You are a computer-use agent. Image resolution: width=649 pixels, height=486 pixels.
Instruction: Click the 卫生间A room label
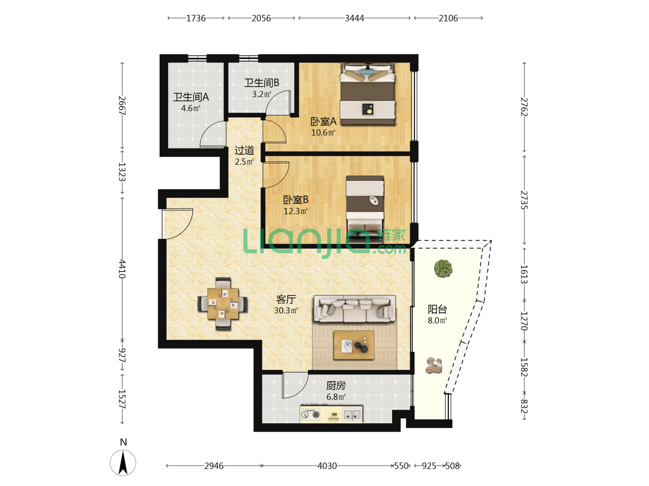pyautogui.click(x=191, y=97)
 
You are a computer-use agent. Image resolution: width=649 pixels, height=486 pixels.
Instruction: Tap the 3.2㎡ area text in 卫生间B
pyautogui.click(x=261, y=94)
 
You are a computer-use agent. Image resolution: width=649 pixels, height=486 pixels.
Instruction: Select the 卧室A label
pyautogui.click(x=323, y=121)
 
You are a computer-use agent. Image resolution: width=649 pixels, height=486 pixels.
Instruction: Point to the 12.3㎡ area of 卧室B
pyautogui.click(x=295, y=211)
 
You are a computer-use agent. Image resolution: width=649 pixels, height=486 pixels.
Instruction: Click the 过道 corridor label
pyautogui.click(x=244, y=150)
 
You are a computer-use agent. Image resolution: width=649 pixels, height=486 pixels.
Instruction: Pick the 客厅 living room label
pyautogui.click(x=286, y=299)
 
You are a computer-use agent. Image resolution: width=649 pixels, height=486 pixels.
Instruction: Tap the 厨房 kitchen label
pyautogui.click(x=336, y=386)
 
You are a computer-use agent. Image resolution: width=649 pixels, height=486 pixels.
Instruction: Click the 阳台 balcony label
pyautogui.click(x=437, y=309)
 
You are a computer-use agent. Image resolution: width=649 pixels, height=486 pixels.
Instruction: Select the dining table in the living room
pyautogui.click(x=223, y=304)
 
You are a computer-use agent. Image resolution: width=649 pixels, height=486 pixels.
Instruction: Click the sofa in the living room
pyautogui.click(x=355, y=309)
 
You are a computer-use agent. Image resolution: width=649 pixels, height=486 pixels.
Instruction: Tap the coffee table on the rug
pyautogui.click(x=354, y=345)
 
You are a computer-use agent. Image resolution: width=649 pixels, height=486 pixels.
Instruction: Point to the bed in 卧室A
pyautogui.click(x=367, y=94)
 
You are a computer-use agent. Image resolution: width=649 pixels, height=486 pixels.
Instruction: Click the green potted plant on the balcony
pyautogui.click(x=443, y=268)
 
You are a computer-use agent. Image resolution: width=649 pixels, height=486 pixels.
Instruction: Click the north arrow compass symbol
pyautogui.click(x=123, y=463)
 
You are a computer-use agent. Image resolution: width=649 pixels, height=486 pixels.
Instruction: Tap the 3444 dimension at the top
pyautogui.click(x=354, y=18)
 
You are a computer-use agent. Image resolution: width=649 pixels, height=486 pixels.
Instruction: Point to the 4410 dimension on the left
pyautogui.click(x=122, y=269)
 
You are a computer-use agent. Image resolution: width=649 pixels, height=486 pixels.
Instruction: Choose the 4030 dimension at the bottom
pyautogui.click(x=327, y=466)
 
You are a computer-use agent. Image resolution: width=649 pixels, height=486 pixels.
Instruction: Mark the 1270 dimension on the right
pyautogui.click(x=524, y=321)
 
